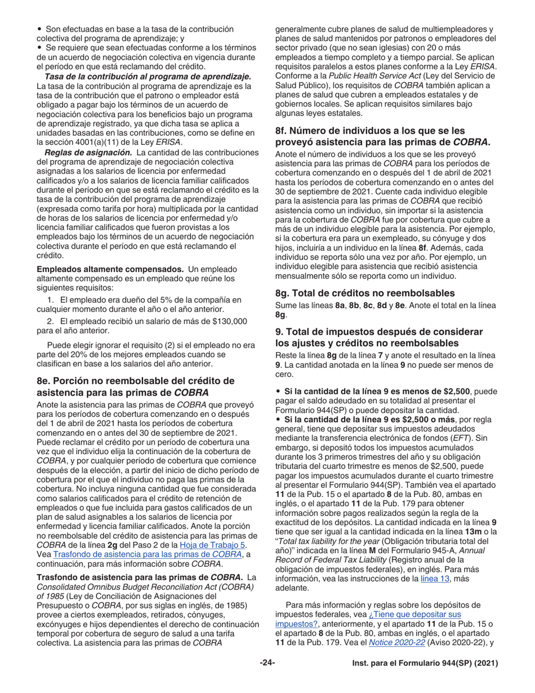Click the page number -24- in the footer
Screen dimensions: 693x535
pos(267,663)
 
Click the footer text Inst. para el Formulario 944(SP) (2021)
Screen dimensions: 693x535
pos(421,664)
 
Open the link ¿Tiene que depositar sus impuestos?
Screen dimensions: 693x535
pos(369,619)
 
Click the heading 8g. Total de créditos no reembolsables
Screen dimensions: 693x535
pos(364,293)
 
